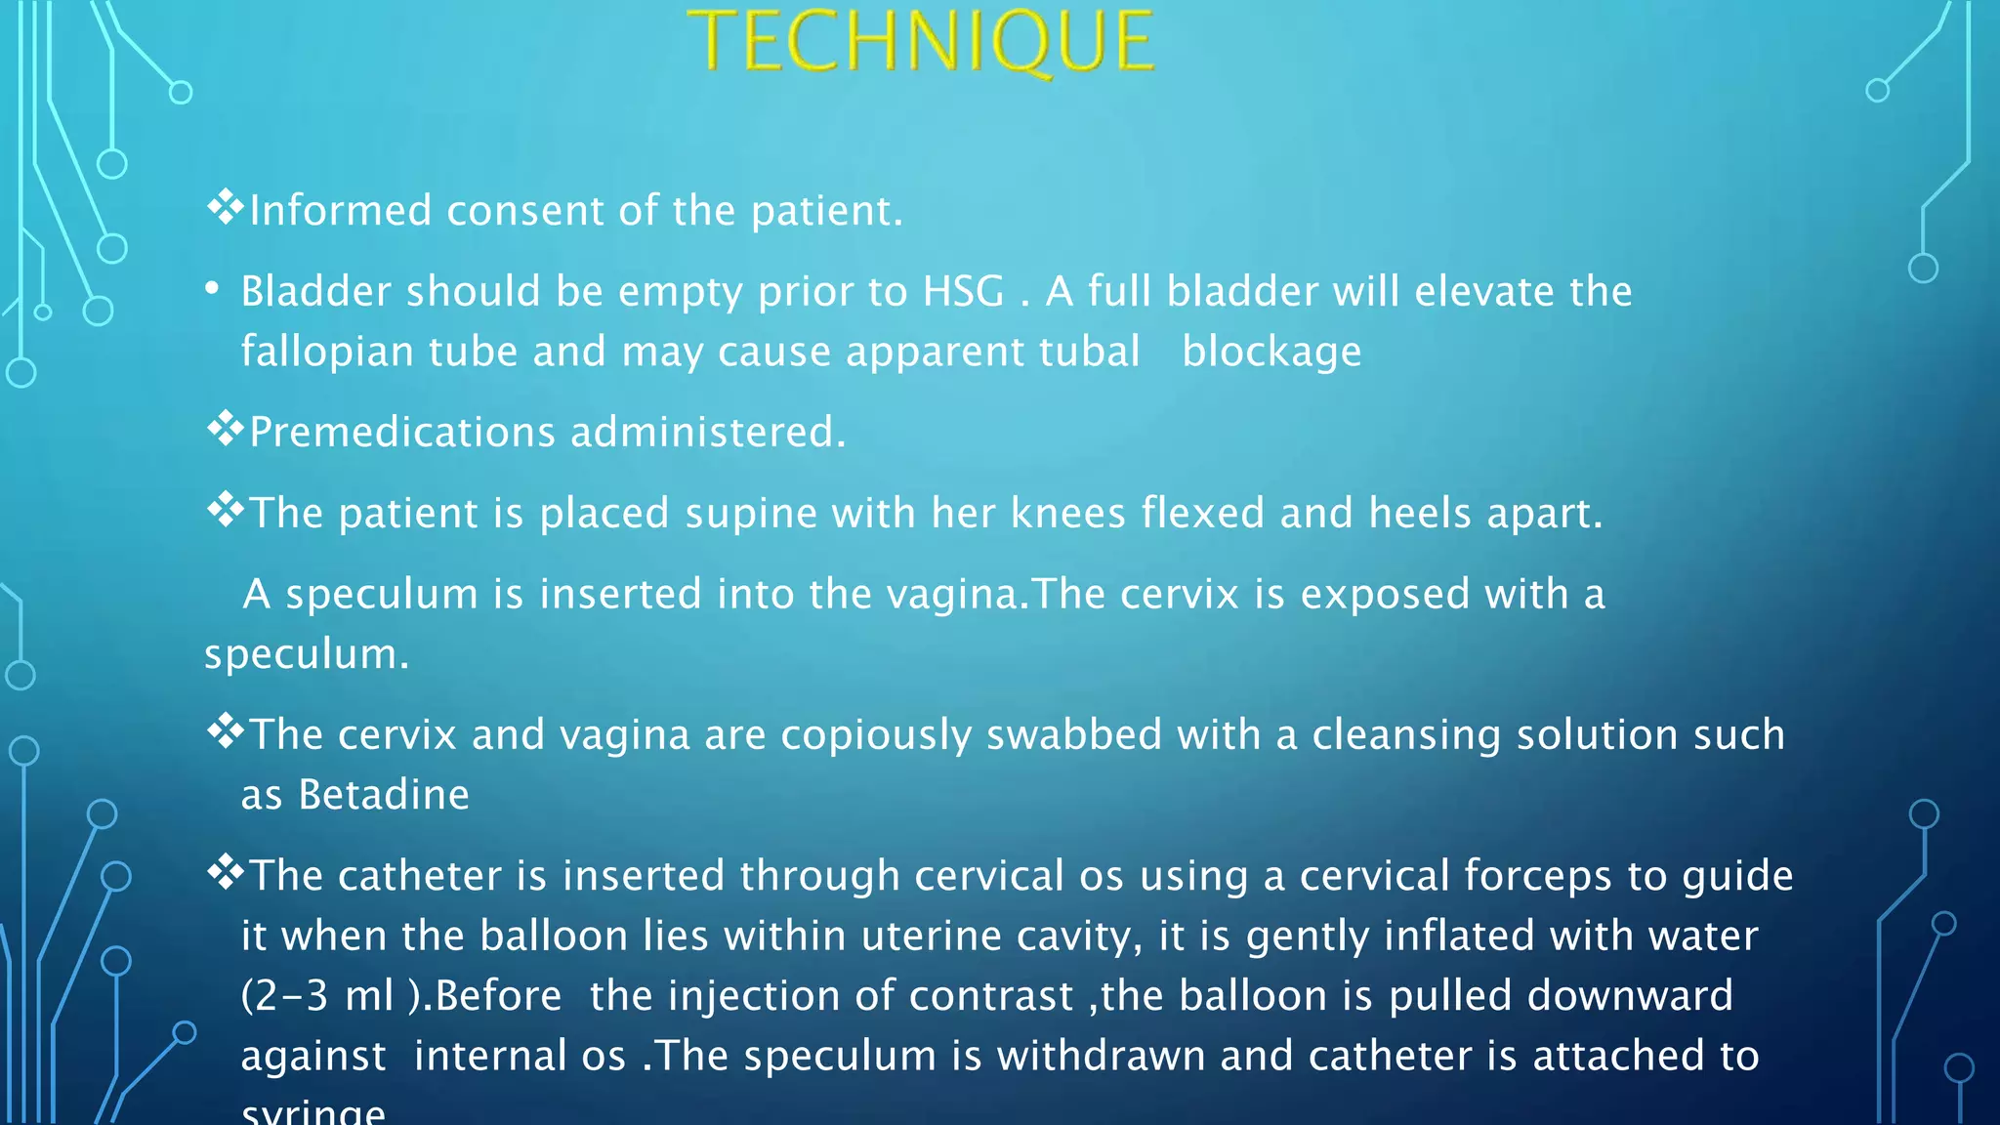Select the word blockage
[x=1271, y=353]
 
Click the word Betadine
[x=384, y=795]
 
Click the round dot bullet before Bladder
[x=212, y=290]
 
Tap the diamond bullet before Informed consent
[x=225, y=207]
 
